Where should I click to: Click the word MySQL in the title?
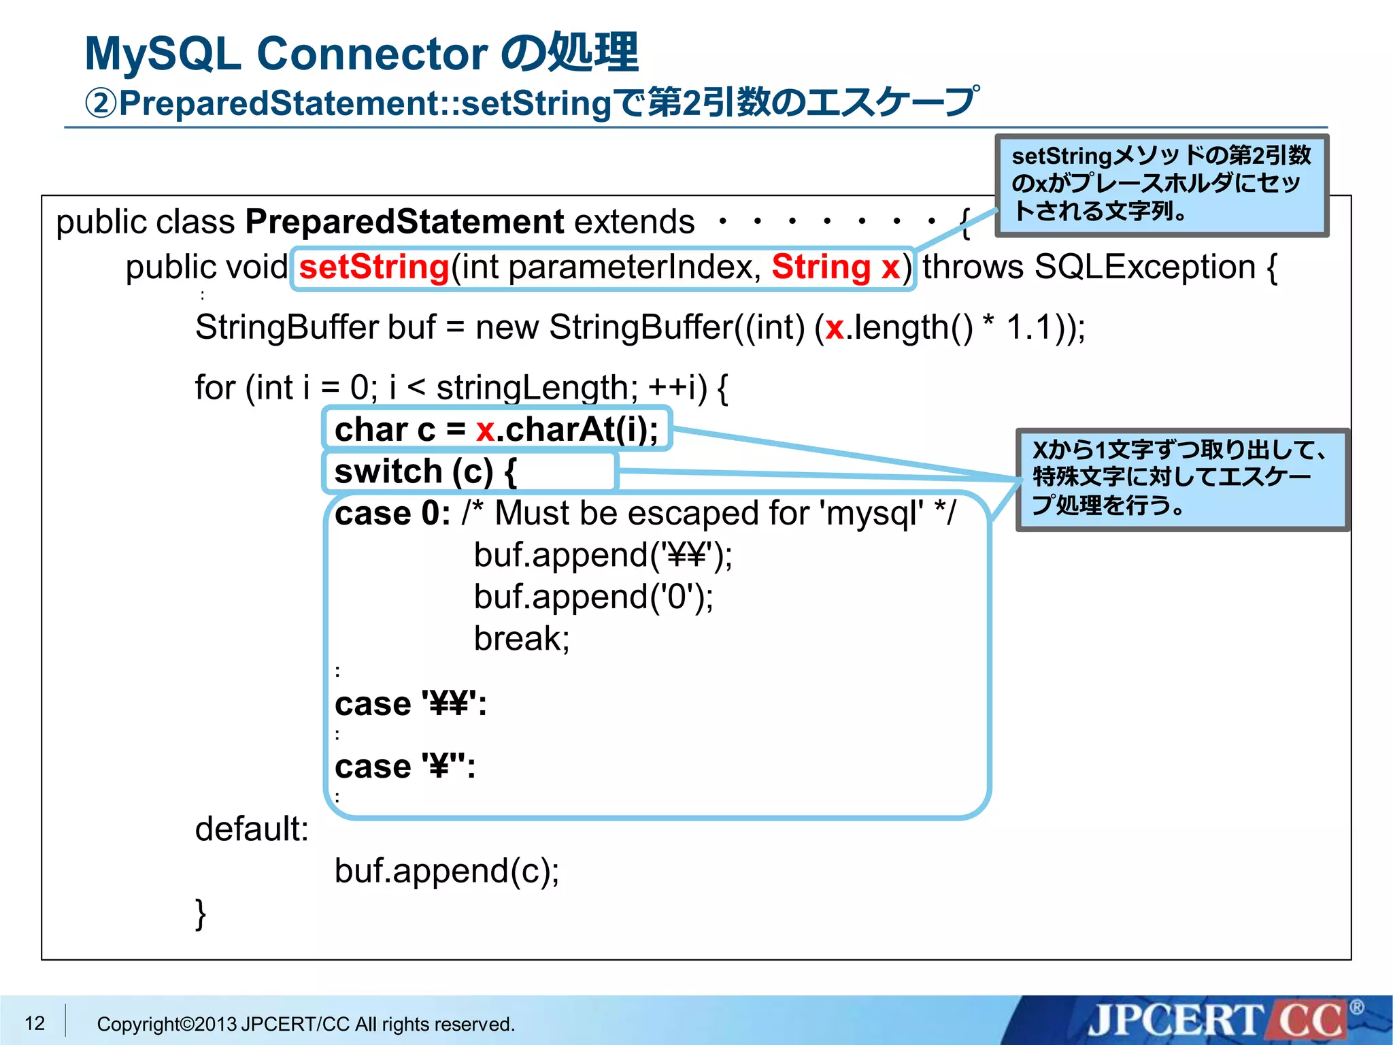point(163,54)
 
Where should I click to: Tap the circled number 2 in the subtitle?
point(101,104)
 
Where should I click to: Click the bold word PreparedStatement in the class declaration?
point(404,222)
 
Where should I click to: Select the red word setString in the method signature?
point(373,267)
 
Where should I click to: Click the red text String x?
point(835,267)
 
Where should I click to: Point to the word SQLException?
point(1144,267)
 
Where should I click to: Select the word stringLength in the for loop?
point(532,388)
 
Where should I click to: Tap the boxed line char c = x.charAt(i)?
point(497,430)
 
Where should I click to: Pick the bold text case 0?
point(392,514)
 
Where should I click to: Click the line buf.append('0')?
point(593,597)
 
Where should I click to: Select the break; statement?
point(522,639)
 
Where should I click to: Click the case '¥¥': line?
point(411,704)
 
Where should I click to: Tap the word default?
point(252,829)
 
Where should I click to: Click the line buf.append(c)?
point(447,872)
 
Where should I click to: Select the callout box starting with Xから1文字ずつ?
point(1181,479)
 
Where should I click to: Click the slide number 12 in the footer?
point(35,1023)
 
